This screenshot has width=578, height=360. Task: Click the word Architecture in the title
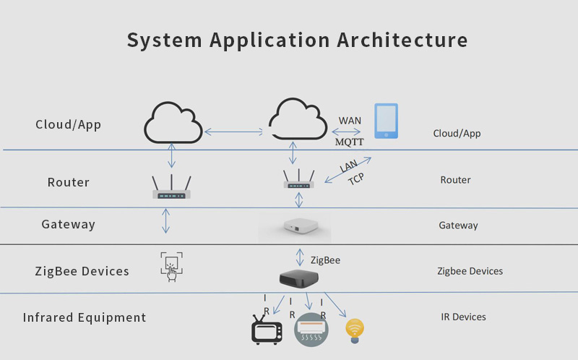(402, 40)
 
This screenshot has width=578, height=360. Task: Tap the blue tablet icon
(386, 121)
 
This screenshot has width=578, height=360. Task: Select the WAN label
(350, 121)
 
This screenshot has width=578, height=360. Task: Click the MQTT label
(349, 142)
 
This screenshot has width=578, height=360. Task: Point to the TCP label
(356, 179)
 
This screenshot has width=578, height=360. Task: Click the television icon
(267, 330)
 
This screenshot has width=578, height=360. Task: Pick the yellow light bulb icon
(355, 331)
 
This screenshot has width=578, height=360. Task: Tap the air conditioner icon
(311, 330)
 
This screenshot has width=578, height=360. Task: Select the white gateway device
(301, 226)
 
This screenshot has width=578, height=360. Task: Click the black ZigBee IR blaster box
(299, 278)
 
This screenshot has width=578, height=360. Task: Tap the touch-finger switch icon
(171, 267)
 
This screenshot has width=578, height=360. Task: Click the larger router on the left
(171, 187)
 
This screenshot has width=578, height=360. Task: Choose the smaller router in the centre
(299, 179)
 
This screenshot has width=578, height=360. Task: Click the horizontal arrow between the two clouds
(233, 132)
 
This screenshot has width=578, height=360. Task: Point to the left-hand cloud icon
(173, 122)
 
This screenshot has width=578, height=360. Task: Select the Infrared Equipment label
(85, 317)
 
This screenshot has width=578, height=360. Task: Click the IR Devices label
(463, 317)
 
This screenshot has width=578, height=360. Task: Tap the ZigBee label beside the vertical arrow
(325, 260)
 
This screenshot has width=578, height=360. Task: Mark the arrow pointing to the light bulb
(335, 304)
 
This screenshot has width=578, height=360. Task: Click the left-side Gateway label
(68, 224)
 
